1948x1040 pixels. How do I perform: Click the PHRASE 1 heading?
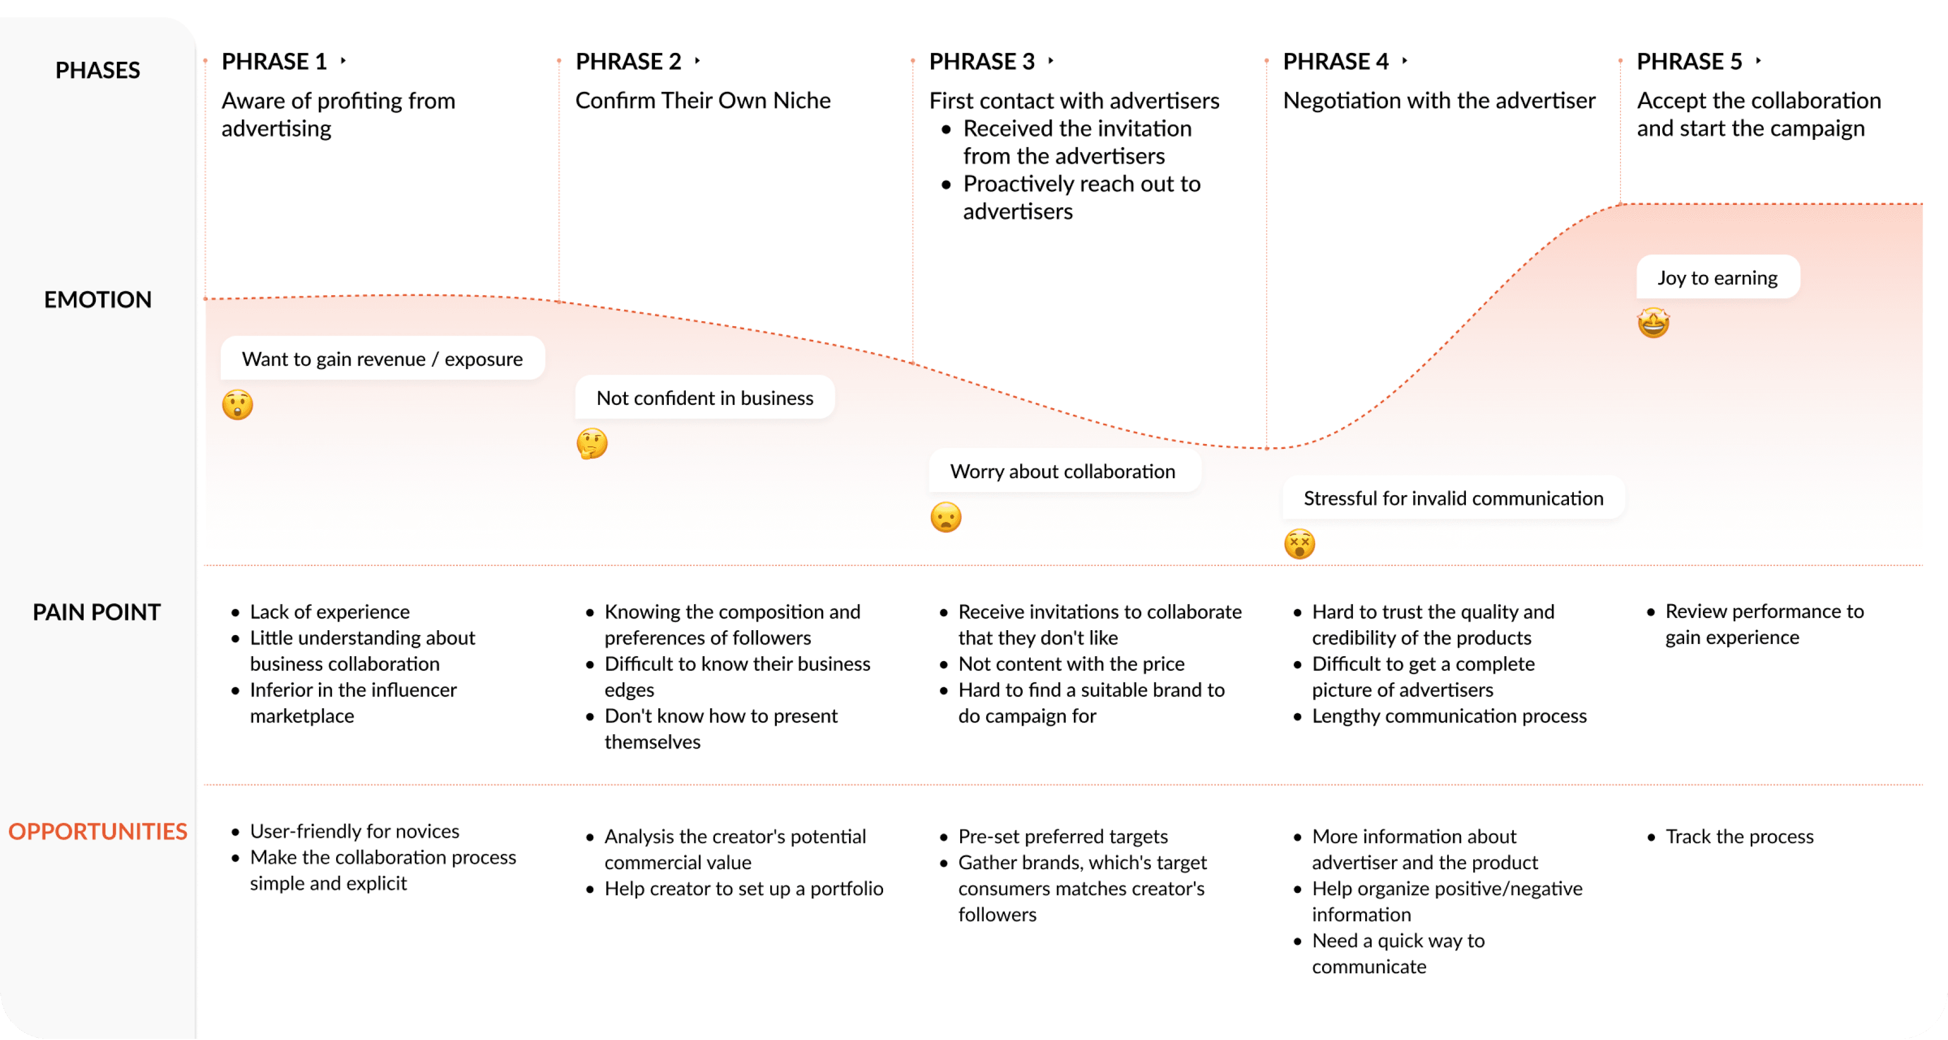tap(274, 61)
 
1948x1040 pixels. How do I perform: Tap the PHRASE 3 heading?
tap(982, 61)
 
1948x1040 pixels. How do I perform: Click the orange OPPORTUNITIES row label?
tap(98, 831)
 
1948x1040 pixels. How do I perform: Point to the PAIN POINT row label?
tap(97, 612)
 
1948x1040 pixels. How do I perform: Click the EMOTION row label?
tap(98, 300)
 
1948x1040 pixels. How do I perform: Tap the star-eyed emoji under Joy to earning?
tap(1653, 323)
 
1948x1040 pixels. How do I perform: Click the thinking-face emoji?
tap(591, 443)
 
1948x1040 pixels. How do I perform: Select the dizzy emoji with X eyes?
tap(1299, 544)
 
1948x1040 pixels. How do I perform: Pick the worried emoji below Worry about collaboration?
tap(945, 517)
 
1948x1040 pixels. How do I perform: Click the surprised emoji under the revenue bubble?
tap(237, 405)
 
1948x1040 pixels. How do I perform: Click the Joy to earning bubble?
tap(1717, 278)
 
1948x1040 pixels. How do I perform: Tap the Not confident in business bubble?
tap(704, 398)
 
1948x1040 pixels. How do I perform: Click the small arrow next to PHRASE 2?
tap(697, 61)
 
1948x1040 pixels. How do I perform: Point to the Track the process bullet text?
tap(1739, 837)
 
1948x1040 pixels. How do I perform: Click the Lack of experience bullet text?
tap(329, 612)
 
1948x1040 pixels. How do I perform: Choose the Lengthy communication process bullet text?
tap(1449, 716)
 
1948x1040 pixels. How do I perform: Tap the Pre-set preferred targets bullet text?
tap(1063, 837)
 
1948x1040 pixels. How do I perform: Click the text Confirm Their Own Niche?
tap(702, 101)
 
